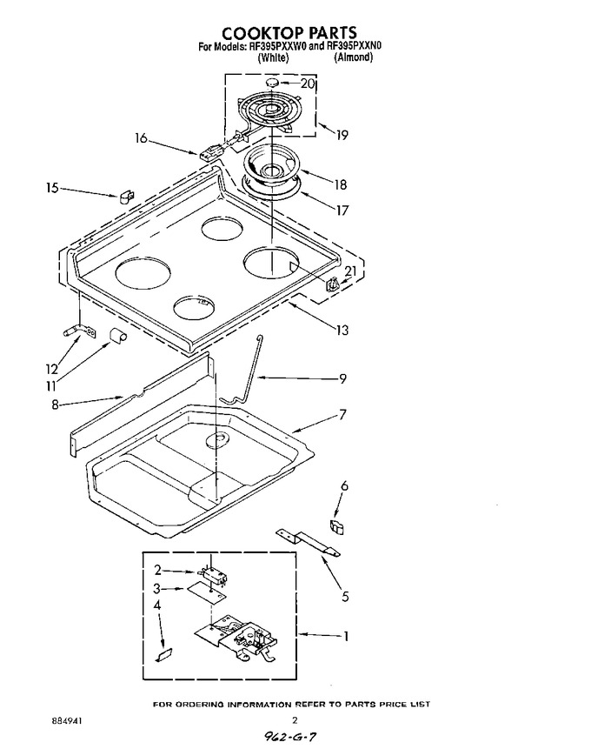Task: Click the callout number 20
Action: (x=308, y=84)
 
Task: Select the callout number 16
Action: (x=141, y=138)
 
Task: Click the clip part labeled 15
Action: (x=127, y=197)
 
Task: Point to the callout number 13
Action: (x=342, y=330)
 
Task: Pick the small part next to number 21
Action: (x=333, y=285)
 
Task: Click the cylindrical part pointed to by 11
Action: (x=117, y=336)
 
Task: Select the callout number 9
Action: (x=342, y=378)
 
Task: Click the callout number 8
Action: (x=55, y=405)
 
